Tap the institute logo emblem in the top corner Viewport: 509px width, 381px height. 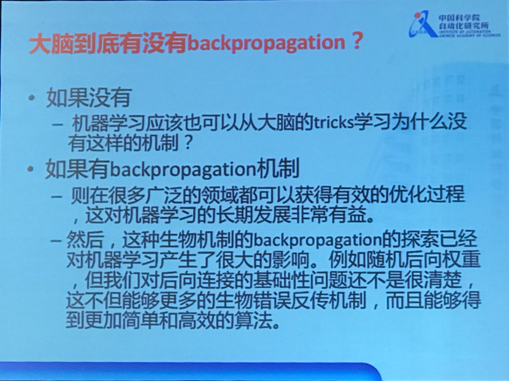422,24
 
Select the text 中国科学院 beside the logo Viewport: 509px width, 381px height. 458,17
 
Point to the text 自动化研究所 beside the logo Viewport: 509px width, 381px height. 462,25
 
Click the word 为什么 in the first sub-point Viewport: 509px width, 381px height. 418,123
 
